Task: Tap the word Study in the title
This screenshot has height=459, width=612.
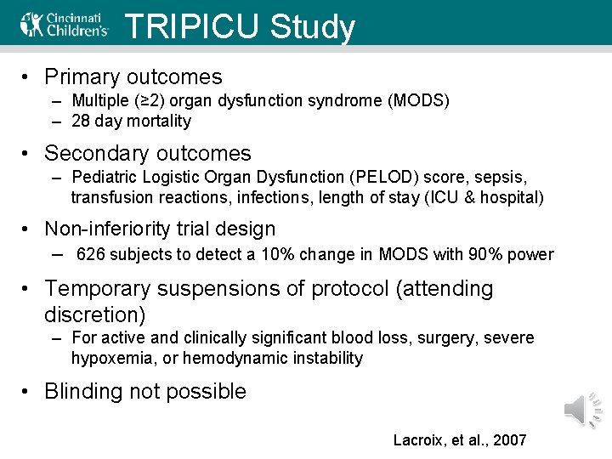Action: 313,28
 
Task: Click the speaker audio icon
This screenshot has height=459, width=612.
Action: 583,411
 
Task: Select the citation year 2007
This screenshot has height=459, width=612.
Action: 509,440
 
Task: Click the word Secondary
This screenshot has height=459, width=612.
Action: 94,154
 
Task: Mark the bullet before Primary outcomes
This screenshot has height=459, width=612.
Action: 28,77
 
